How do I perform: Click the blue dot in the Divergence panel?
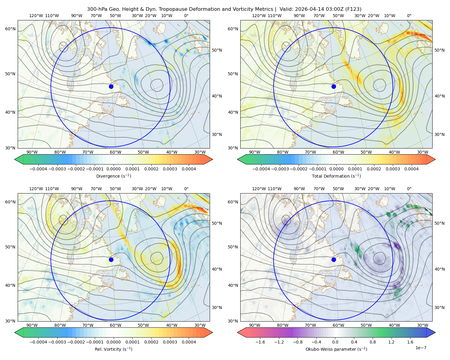pyautogui.click(x=111, y=86)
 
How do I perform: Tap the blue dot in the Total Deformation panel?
pyautogui.click(x=334, y=86)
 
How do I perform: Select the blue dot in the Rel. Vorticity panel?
pyautogui.click(x=111, y=259)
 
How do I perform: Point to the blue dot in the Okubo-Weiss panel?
pyautogui.click(x=334, y=259)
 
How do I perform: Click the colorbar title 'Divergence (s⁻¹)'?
pyautogui.click(x=113, y=176)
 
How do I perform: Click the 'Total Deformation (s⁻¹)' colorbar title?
pyautogui.click(x=336, y=176)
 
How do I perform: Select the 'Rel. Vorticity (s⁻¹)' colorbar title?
pyautogui.click(x=113, y=349)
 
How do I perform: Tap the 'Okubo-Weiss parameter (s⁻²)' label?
pyautogui.click(x=336, y=349)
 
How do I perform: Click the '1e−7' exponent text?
pyautogui.click(x=421, y=348)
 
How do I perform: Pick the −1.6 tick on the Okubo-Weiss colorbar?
pyautogui.click(x=260, y=342)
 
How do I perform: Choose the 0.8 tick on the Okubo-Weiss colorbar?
pyautogui.click(x=373, y=342)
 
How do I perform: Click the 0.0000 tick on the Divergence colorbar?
pyautogui.click(x=113, y=169)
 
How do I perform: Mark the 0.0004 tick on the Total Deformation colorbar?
pyautogui.click(x=411, y=169)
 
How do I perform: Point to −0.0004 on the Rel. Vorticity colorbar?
pyautogui.click(x=38, y=342)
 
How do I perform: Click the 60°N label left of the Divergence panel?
pyautogui.click(x=10, y=29)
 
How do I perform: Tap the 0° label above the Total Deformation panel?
pyautogui.click(x=409, y=16)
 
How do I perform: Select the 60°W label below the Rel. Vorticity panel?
pyautogui.click(x=115, y=325)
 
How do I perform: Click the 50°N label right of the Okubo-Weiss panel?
pyautogui.click(x=439, y=223)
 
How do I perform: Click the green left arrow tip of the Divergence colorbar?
pyautogui.click(x=15, y=159)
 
